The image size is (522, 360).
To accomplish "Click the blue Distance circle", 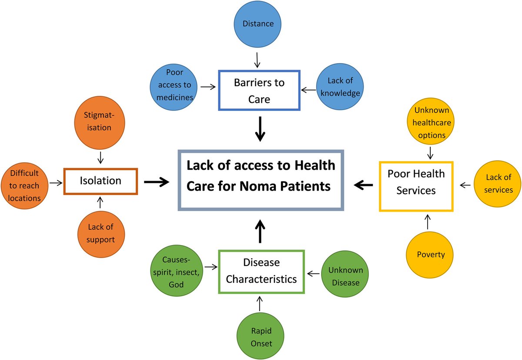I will tap(259, 24).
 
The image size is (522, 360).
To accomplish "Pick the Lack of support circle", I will tap(100, 233).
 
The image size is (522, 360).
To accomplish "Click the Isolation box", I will tap(100, 181).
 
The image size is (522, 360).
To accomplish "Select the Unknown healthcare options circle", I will tap(430, 122).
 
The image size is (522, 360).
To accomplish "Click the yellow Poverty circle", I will tap(430, 254).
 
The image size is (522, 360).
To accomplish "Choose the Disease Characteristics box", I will tap(261, 271).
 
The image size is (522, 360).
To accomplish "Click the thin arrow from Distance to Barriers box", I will tap(258, 58).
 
